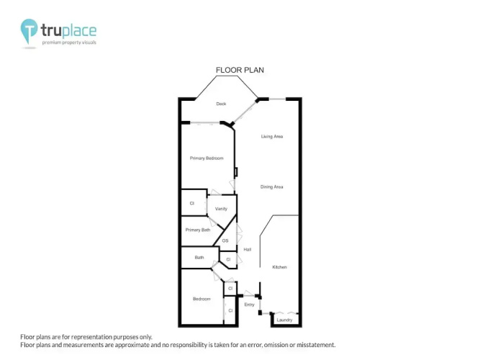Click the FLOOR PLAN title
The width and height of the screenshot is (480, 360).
point(240,70)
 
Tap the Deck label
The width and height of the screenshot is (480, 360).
point(221,104)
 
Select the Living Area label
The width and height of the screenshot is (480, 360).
point(272,136)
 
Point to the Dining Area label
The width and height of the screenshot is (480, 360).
point(271,187)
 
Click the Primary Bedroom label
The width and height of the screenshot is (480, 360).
point(207,158)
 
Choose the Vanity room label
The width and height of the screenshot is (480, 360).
point(221,209)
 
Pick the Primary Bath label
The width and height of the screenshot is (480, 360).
point(198,230)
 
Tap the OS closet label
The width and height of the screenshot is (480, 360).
point(225,240)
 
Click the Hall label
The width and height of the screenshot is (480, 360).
point(248,249)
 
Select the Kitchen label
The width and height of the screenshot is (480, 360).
point(279,267)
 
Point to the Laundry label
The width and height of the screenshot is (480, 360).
point(284,320)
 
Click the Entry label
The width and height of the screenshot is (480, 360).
point(250,305)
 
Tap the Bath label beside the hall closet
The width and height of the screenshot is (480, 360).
point(199,257)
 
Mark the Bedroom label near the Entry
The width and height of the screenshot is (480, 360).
point(201,299)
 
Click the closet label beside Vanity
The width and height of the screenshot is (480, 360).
point(192,203)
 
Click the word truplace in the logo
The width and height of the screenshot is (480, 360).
point(68,30)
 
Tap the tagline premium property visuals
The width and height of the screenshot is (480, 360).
point(69,42)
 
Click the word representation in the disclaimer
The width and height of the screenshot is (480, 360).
point(90,337)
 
